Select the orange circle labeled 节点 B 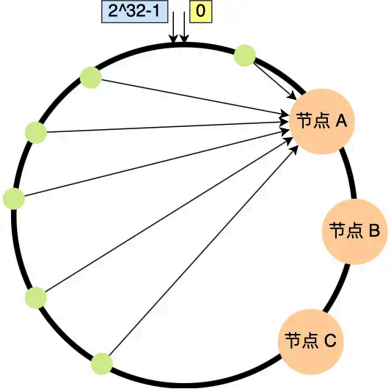(x=354, y=230)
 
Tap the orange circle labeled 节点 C (x=310, y=340)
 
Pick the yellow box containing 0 (x=200, y=12)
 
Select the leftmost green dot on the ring (x=14, y=198)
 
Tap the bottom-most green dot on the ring (x=101, y=363)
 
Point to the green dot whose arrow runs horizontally (x=35, y=132)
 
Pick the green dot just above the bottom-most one (x=35, y=297)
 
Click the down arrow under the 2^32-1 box (x=175, y=34)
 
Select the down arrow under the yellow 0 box (x=184, y=34)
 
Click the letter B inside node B (x=373, y=231)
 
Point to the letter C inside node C (x=329, y=341)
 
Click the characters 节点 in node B (x=345, y=231)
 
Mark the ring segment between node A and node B (x=351, y=172)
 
